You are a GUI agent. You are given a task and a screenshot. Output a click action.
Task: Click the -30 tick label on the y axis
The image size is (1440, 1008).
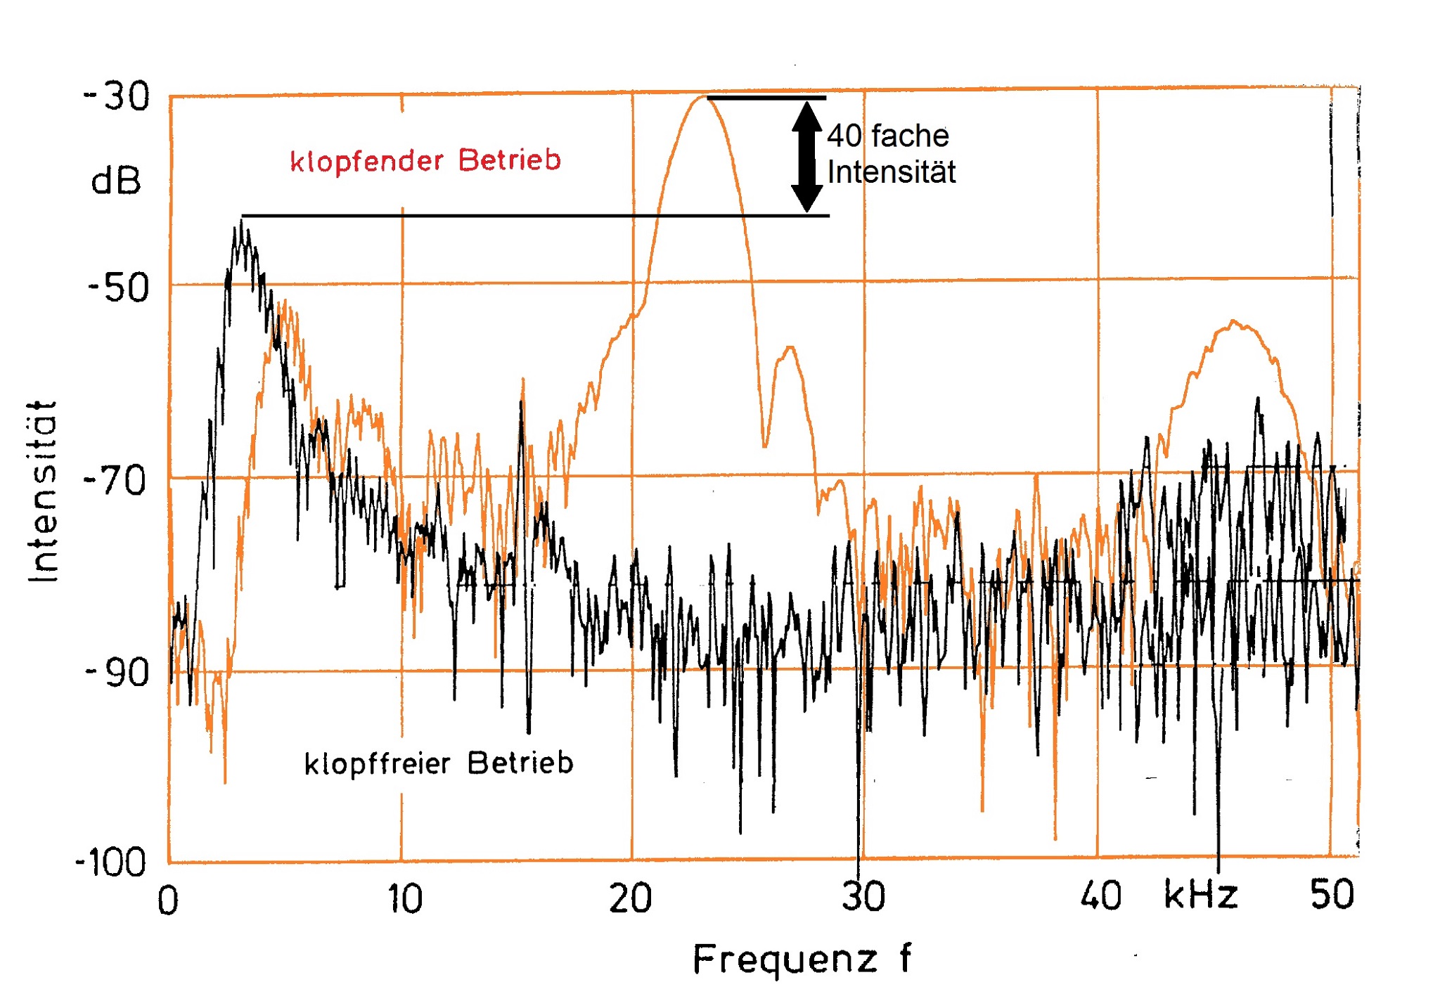(x=117, y=96)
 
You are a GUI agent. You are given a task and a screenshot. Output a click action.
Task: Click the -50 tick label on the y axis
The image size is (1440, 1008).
(x=118, y=288)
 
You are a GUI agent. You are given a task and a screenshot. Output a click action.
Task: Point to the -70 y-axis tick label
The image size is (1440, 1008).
(x=115, y=482)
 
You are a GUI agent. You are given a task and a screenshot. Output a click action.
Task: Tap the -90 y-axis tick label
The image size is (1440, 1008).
(x=117, y=673)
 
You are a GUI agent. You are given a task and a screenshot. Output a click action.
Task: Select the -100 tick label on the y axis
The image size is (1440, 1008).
(x=111, y=862)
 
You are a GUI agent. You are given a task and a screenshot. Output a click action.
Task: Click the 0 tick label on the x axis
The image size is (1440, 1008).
(x=167, y=901)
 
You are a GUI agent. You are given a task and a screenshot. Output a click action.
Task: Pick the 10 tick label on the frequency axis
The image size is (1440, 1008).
(x=405, y=899)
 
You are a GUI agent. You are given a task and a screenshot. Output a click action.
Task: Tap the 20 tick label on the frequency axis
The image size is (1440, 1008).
(x=630, y=899)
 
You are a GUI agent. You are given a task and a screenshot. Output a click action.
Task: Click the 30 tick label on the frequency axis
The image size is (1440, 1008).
(x=863, y=897)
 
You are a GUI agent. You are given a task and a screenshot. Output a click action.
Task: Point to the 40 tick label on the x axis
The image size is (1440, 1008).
(x=1100, y=896)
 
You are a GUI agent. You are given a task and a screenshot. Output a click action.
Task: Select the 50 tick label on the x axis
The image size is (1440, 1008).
(x=1332, y=895)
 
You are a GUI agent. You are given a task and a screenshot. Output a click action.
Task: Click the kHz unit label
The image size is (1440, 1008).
(x=1200, y=895)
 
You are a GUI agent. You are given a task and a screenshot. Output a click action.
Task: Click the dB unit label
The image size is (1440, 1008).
(x=116, y=181)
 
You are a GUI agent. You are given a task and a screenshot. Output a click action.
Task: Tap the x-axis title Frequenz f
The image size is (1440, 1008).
(x=802, y=959)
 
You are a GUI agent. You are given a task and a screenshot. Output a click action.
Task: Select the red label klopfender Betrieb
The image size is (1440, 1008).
(x=425, y=161)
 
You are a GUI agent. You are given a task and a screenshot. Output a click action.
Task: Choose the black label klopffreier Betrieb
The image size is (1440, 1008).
(x=439, y=763)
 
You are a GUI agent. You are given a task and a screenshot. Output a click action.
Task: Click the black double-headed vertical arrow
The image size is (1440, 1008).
(x=806, y=157)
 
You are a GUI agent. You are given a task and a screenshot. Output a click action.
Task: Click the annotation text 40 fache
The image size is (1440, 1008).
(x=887, y=136)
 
